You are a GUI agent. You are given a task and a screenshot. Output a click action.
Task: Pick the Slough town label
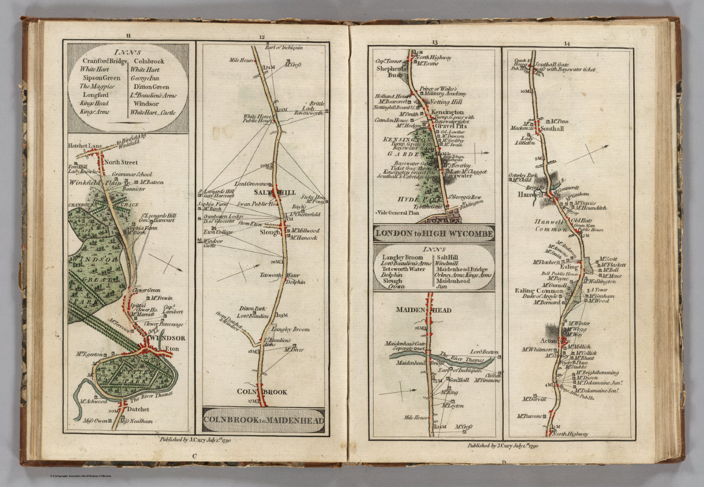click(269, 233)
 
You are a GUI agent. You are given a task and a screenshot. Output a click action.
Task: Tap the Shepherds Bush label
click(389, 71)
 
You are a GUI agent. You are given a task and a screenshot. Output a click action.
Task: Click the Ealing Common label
click(538, 291)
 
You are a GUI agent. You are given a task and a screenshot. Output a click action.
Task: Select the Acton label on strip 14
click(548, 341)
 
